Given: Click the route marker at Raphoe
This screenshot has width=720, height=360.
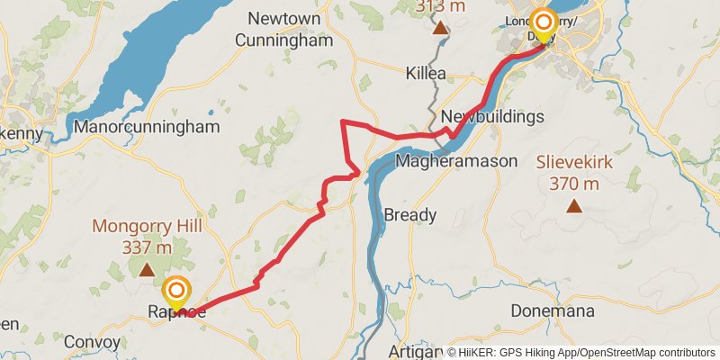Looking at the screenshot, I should pyautogui.click(x=176, y=292).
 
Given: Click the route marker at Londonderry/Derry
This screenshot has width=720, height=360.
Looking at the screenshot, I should pyautogui.click(x=544, y=22).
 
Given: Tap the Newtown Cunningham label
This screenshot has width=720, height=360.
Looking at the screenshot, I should pyautogui.click(x=284, y=29).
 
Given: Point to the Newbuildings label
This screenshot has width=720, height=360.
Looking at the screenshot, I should pyautogui.click(x=492, y=117).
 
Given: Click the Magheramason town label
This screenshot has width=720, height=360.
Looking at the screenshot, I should pyautogui.click(x=457, y=162).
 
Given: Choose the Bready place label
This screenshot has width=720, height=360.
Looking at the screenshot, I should pyautogui.click(x=410, y=215).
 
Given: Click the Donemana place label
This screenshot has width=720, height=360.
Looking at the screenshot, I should pyautogui.click(x=553, y=311).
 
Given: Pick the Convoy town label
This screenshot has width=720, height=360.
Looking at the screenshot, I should pyautogui.click(x=94, y=342).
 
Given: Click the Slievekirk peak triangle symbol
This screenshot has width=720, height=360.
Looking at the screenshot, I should pyautogui.click(x=573, y=207).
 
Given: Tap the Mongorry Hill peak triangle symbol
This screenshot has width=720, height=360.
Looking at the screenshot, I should pyautogui.click(x=147, y=269).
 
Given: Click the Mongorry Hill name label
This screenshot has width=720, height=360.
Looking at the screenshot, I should pyautogui.click(x=147, y=226).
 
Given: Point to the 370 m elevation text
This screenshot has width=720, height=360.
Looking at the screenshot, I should pyautogui.click(x=573, y=184).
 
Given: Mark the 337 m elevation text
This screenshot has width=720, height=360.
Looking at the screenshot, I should pyautogui.click(x=147, y=247).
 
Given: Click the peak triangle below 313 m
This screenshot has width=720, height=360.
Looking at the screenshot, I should pyautogui.click(x=440, y=28).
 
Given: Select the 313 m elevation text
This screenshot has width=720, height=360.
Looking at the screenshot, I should pyautogui.click(x=440, y=7).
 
